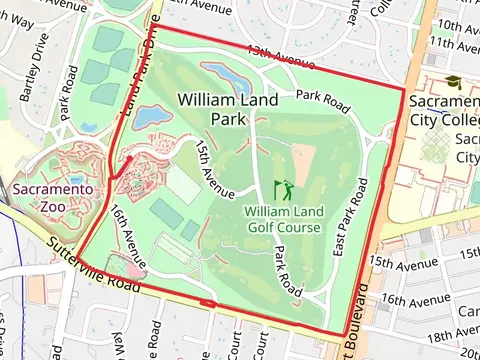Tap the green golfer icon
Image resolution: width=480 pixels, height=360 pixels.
point(285,188)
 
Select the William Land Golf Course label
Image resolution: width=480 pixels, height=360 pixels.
point(283,219)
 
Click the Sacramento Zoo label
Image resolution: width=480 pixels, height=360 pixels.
point(53,196)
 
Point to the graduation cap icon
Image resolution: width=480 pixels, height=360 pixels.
point(454,83)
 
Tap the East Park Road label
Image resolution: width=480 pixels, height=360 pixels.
point(351,219)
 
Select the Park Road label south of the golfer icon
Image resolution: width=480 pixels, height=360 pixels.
point(288,270)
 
